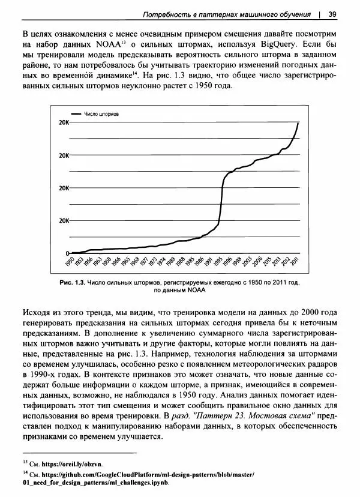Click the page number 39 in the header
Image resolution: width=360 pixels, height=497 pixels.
(x=332, y=13)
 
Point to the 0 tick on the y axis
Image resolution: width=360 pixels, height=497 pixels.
(x=67, y=253)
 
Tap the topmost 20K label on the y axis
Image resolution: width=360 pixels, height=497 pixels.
(x=63, y=122)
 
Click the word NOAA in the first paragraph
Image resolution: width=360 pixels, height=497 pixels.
(x=112, y=45)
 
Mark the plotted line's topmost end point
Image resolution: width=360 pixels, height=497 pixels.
(x=299, y=122)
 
